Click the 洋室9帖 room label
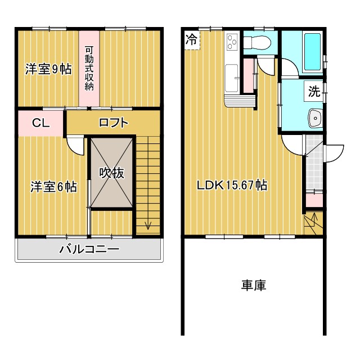point(48,69)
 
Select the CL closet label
point(39,123)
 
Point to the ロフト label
point(114,123)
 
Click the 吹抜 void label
point(112,173)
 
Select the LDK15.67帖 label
point(231,185)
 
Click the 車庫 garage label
point(254,285)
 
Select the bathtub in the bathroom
point(311,52)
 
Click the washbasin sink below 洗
point(314,119)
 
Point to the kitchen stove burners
point(232,42)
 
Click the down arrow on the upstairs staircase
point(148,226)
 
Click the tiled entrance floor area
point(314,163)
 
